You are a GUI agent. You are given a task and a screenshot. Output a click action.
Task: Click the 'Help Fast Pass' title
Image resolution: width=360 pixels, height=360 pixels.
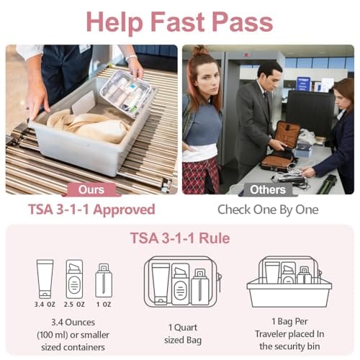click(x=180, y=22)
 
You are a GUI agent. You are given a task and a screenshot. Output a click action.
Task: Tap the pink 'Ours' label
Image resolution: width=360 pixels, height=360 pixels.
click(x=90, y=190)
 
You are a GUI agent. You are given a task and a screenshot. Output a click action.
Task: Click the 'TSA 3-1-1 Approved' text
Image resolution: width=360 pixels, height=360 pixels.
click(x=91, y=210)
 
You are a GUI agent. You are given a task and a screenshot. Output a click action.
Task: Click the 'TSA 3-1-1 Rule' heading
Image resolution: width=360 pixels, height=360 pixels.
click(x=180, y=238)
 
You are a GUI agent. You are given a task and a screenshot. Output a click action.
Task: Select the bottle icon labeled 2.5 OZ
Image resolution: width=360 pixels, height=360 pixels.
click(x=74, y=278)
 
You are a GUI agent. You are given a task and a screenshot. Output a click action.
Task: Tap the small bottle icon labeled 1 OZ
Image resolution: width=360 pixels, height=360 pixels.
click(x=104, y=281)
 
